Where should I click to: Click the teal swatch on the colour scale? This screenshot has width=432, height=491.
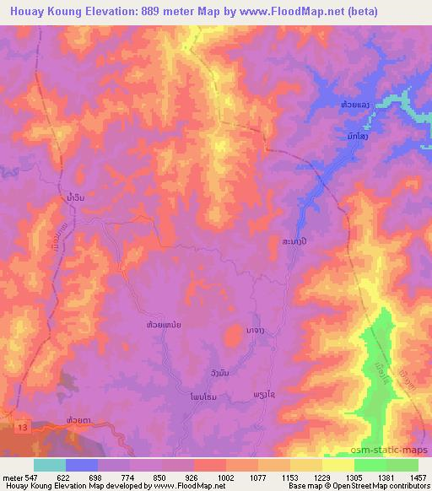[x=50, y=465]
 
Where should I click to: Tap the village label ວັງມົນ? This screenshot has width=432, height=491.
[x=219, y=372]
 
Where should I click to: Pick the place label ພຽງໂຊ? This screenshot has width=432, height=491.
[x=265, y=396]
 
